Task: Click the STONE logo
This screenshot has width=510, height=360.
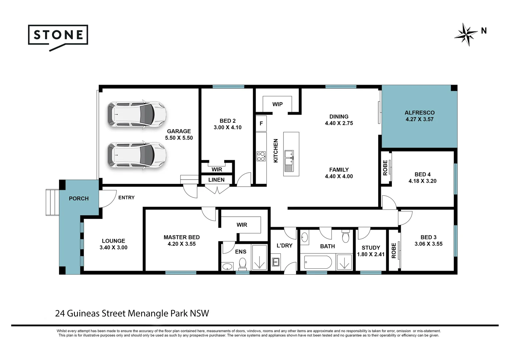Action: (x=58, y=38)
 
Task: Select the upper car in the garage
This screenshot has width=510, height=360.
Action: (x=137, y=114)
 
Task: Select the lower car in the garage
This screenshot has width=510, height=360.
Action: (x=137, y=155)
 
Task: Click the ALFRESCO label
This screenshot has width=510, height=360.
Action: (x=420, y=113)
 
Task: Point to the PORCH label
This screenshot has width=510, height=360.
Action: (x=79, y=198)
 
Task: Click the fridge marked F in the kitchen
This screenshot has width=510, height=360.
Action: (x=261, y=123)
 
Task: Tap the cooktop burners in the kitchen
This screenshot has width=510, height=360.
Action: (x=261, y=156)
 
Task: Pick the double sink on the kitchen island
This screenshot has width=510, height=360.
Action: (x=289, y=161)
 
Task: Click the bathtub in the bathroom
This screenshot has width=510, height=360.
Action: (x=318, y=262)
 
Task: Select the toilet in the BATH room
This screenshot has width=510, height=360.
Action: (x=346, y=237)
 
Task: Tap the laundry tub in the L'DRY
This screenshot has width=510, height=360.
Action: (x=276, y=262)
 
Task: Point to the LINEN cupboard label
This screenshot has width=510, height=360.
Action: (x=216, y=180)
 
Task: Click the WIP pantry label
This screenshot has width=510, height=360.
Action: (x=277, y=104)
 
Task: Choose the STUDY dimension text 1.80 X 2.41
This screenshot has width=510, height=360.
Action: (x=371, y=254)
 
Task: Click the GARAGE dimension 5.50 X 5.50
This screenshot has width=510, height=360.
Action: (x=179, y=138)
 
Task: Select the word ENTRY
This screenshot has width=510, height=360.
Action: (x=126, y=198)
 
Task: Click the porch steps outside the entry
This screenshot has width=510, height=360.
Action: (x=53, y=202)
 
